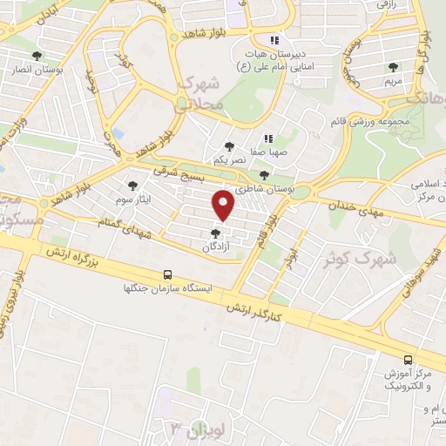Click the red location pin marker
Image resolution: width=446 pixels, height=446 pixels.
(x=225, y=206)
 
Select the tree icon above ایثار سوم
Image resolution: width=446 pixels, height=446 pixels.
(x=132, y=185)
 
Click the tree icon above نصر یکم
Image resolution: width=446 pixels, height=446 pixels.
(x=229, y=147)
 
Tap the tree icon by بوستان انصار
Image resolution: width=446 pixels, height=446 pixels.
(x=35, y=56)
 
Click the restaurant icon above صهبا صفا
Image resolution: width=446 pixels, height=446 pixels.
(x=268, y=138)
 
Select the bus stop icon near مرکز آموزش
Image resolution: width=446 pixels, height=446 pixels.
(x=409, y=359)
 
